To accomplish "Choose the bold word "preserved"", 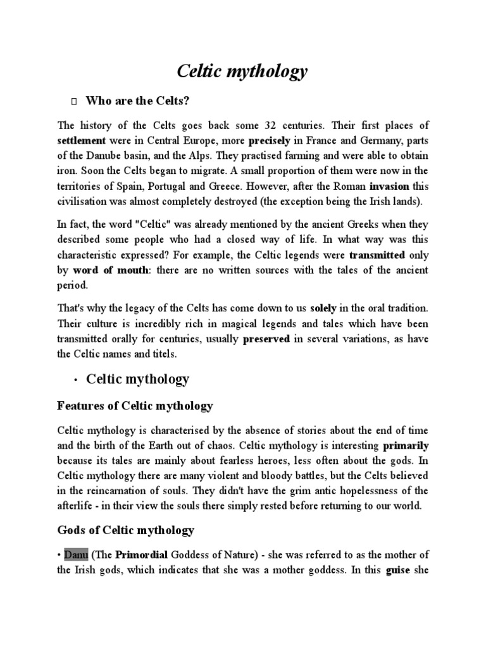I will coord(266,339).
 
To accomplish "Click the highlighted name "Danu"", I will coord(77,555).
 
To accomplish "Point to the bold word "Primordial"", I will coord(140,555).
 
